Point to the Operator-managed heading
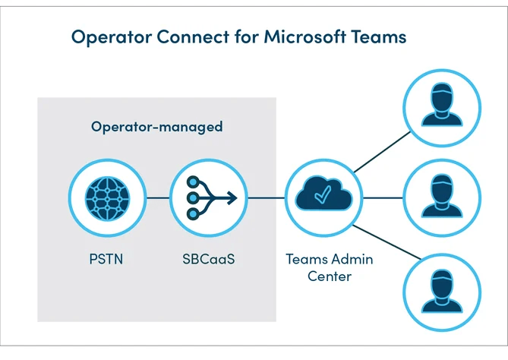157,126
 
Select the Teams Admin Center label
329,267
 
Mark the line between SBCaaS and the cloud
264,199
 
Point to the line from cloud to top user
378,152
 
